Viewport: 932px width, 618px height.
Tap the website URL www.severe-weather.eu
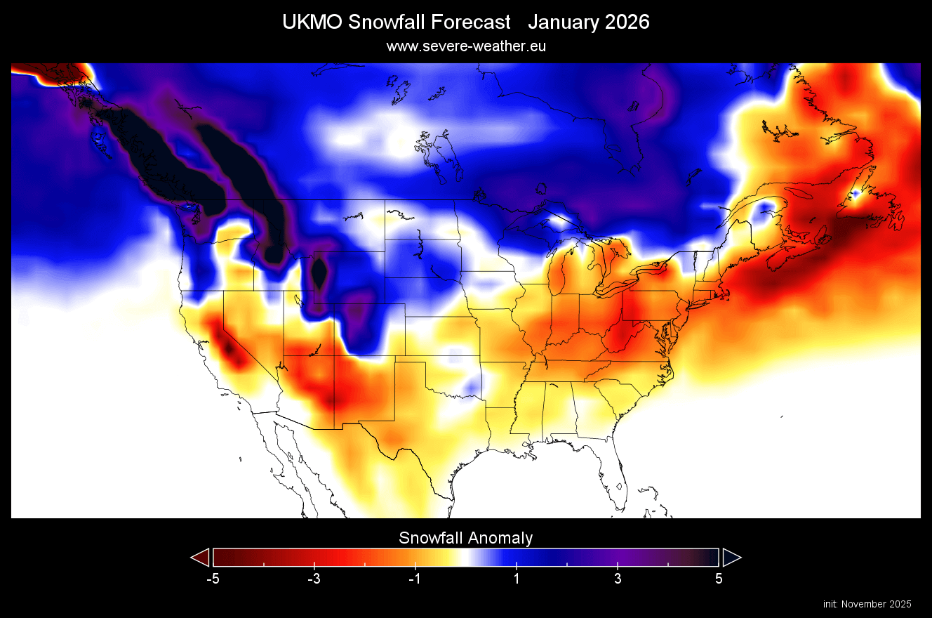point(466,46)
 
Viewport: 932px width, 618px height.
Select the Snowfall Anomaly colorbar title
point(466,539)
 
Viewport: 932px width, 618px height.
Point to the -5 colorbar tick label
point(213,579)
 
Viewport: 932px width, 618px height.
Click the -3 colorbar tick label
point(314,579)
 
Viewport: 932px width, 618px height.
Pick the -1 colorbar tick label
point(415,579)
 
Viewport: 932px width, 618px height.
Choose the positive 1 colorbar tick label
point(517,579)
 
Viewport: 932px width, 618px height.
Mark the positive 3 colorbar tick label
point(618,579)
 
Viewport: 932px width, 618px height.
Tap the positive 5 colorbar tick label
point(719,579)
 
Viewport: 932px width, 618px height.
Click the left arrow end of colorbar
point(201,558)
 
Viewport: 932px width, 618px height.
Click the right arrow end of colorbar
point(731,558)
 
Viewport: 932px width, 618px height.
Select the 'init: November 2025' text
point(867,604)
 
